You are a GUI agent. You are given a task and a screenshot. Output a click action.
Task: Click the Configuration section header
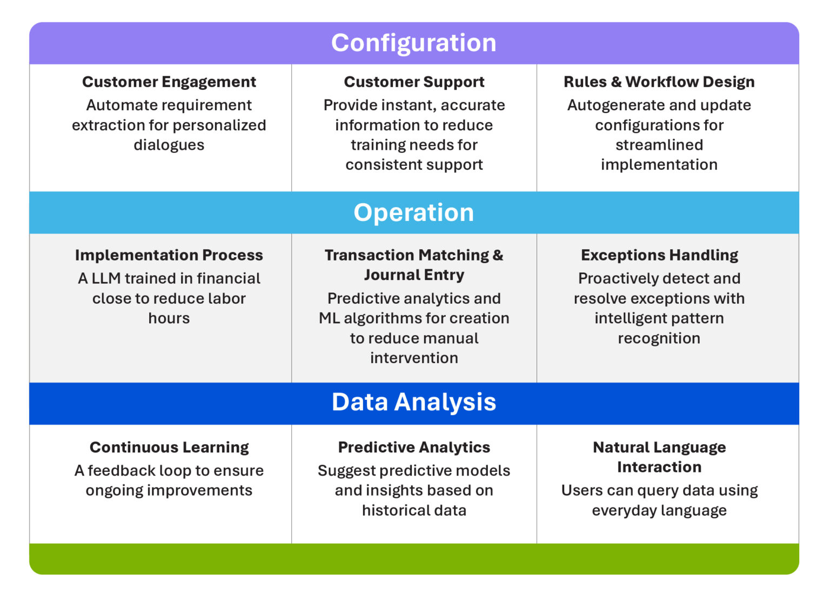413,43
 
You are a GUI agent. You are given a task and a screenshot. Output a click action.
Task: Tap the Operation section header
413,212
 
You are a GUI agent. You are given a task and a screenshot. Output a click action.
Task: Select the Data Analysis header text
413,402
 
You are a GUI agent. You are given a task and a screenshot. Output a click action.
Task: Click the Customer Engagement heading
169,82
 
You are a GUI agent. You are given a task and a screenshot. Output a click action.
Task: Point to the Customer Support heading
414,82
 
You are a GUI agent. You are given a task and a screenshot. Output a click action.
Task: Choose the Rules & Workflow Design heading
659,82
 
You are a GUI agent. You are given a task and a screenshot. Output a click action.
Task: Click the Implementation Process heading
169,255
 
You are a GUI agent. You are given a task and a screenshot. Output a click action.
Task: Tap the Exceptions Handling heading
659,255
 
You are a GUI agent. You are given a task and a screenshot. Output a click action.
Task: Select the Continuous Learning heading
169,448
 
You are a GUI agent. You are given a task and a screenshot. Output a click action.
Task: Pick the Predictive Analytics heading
414,448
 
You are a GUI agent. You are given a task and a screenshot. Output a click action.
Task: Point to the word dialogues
169,145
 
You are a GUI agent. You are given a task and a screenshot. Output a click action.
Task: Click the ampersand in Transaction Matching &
498,255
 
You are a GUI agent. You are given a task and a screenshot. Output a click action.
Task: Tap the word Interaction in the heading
659,467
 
